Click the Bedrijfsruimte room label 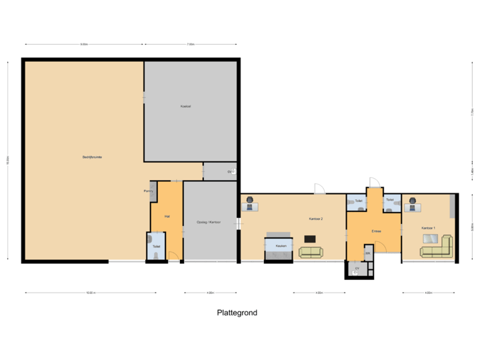(92, 157)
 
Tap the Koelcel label (185, 107)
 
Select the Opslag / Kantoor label (209, 222)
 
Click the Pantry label (148, 191)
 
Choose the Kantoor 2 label (315, 219)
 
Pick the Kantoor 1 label (428, 228)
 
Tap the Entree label (376, 231)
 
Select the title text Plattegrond (236, 312)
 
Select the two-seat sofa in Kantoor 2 (310, 252)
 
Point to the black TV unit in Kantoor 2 (309, 238)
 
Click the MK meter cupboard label (367, 254)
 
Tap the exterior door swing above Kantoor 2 (319, 187)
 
